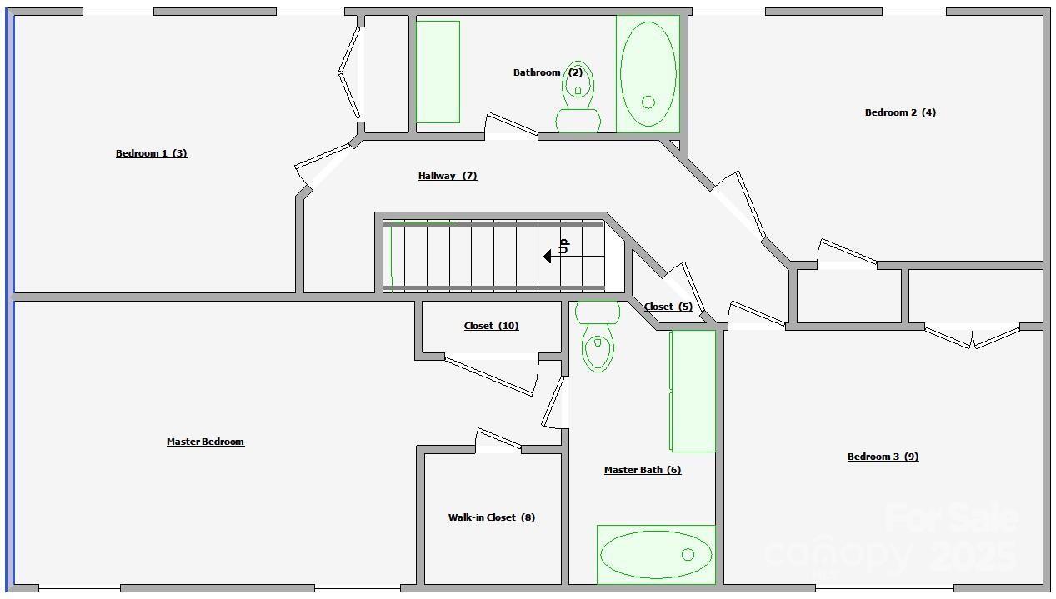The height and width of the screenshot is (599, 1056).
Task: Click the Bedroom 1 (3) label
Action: tap(152, 153)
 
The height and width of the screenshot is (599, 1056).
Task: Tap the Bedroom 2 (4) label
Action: tap(900, 112)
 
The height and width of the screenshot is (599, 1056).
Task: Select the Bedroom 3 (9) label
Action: tap(883, 457)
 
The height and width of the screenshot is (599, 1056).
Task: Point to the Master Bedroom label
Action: tap(206, 442)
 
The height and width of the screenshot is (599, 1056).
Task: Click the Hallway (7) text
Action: tap(448, 176)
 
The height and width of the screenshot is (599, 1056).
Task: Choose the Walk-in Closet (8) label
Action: tap(492, 517)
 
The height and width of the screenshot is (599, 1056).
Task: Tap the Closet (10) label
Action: tap(491, 326)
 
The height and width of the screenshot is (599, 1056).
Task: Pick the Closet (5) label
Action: tap(668, 307)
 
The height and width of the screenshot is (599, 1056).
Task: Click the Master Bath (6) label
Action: tap(643, 470)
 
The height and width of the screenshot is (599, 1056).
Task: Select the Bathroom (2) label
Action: tap(548, 72)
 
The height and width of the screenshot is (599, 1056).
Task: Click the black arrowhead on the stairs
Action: tap(548, 257)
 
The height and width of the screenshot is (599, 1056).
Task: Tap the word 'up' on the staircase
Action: tap(563, 246)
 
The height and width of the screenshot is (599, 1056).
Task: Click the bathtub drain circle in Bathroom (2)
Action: tap(648, 102)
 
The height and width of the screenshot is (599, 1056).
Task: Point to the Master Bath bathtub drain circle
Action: tap(688, 555)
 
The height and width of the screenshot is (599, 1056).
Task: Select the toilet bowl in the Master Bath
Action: tap(598, 347)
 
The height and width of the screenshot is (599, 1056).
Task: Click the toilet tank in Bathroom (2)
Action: tap(578, 121)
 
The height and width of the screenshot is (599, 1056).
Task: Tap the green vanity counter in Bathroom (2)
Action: tap(438, 72)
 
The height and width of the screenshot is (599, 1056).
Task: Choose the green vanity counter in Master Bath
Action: tap(693, 391)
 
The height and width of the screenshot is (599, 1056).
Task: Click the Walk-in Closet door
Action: tap(498, 438)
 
